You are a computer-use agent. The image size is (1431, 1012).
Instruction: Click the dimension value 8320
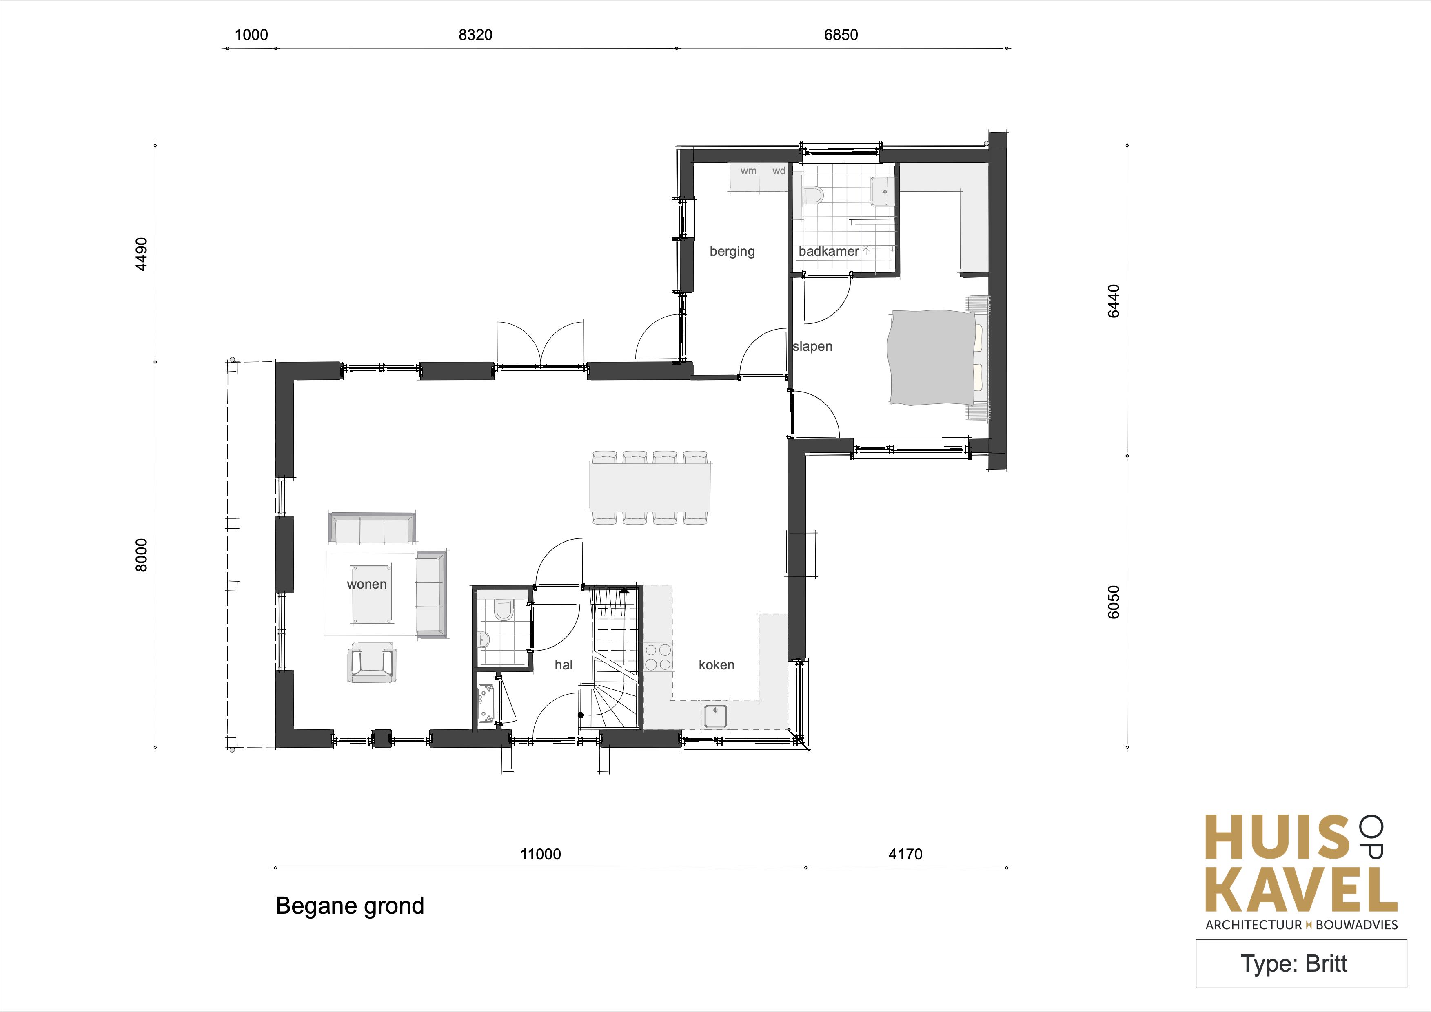tap(475, 35)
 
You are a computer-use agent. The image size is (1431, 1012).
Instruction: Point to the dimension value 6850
tap(841, 35)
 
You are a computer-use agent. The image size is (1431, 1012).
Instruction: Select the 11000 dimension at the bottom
tap(540, 854)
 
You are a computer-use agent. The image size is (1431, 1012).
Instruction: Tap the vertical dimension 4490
tap(142, 254)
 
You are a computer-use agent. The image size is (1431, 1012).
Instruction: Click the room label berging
tap(732, 251)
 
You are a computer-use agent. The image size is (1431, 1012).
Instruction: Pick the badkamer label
tap(829, 251)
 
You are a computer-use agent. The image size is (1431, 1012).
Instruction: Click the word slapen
tap(813, 346)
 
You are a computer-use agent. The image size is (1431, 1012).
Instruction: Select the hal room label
tap(564, 665)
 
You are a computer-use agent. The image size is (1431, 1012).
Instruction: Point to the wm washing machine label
tap(748, 171)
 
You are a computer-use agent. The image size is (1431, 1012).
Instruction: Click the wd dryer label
tap(779, 171)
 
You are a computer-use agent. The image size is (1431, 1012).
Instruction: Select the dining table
tap(650, 487)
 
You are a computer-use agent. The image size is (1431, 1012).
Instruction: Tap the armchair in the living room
tap(373, 662)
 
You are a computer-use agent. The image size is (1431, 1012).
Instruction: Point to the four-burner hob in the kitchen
tap(658, 657)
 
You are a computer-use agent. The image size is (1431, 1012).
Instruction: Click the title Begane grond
tap(350, 906)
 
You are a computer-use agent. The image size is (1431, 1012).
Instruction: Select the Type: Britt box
tap(1301, 963)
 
